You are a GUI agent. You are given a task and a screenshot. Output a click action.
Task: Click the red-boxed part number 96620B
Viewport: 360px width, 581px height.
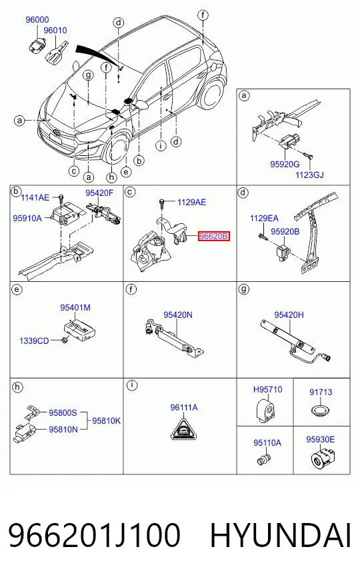pyautogui.click(x=214, y=236)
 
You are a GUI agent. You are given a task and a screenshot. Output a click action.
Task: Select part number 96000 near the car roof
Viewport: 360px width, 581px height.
pyautogui.click(x=37, y=19)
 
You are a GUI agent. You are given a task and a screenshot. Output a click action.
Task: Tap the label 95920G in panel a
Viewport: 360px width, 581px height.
pyautogui.click(x=285, y=163)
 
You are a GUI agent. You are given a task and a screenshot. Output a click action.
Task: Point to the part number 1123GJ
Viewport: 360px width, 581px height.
pyautogui.click(x=309, y=175)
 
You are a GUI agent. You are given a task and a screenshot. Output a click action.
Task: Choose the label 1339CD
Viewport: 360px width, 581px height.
pyautogui.click(x=34, y=340)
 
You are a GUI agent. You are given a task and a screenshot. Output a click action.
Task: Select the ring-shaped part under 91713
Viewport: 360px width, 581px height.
pyautogui.click(x=321, y=410)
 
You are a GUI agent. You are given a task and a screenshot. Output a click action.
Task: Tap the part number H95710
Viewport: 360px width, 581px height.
pyautogui.click(x=268, y=389)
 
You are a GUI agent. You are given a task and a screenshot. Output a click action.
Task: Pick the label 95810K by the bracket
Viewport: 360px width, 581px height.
pyautogui.click(x=106, y=421)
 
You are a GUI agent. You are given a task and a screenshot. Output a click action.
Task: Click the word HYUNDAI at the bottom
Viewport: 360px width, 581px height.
pyautogui.click(x=280, y=536)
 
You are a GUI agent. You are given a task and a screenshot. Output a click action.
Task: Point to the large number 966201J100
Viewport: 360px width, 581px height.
pyautogui.click(x=94, y=536)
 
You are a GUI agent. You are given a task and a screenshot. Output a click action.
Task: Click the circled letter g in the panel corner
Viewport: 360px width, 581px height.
pyautogui.click(x=243, y=289)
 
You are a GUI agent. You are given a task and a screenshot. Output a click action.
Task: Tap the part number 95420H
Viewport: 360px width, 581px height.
pyautogui.click(x=289, y=315)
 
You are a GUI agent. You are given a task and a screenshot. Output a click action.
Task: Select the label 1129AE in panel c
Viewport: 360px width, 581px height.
pyautogui.click(x=192, y=203)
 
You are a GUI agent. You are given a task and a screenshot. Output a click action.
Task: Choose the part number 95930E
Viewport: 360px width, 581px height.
pyautogui.click(x=320, y=440)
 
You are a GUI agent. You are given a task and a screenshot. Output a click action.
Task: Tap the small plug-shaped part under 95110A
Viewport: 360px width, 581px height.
pyautogui.click(x=263, y=458)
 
